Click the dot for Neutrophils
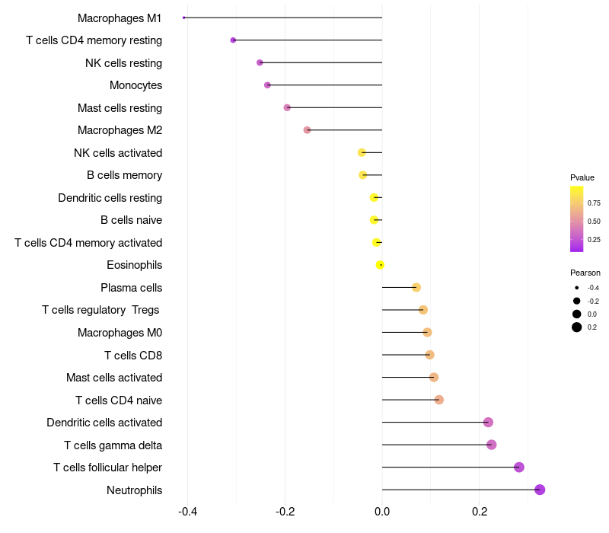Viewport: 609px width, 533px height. coord(540,490)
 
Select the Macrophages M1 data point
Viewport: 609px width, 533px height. coord(184,18)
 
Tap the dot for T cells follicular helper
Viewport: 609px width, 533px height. coord(519,468)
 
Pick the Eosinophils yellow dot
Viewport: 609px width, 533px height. coord(380,265)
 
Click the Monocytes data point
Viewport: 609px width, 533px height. coord(267,85)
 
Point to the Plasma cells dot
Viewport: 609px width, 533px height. coord(416,287)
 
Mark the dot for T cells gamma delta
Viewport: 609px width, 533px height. coord(491,445)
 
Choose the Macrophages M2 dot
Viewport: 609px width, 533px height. coord(307,130)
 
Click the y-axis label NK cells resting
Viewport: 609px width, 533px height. coord(123,62)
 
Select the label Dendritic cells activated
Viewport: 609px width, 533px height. coord(104,423)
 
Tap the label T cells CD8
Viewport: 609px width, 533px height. coord(133,355)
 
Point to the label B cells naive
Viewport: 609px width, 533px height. coord(131,220)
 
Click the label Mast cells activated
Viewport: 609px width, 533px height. coord(114,378)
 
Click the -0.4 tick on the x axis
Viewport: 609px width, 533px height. coord(188,512)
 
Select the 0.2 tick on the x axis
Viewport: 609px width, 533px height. coord(480,512)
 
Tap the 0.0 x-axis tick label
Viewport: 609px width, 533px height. coord(382,512)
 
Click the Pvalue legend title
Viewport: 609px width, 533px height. coord(582,177)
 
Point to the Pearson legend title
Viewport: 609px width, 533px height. coord(585,273)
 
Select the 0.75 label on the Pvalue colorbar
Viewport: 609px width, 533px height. coord(594,203)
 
